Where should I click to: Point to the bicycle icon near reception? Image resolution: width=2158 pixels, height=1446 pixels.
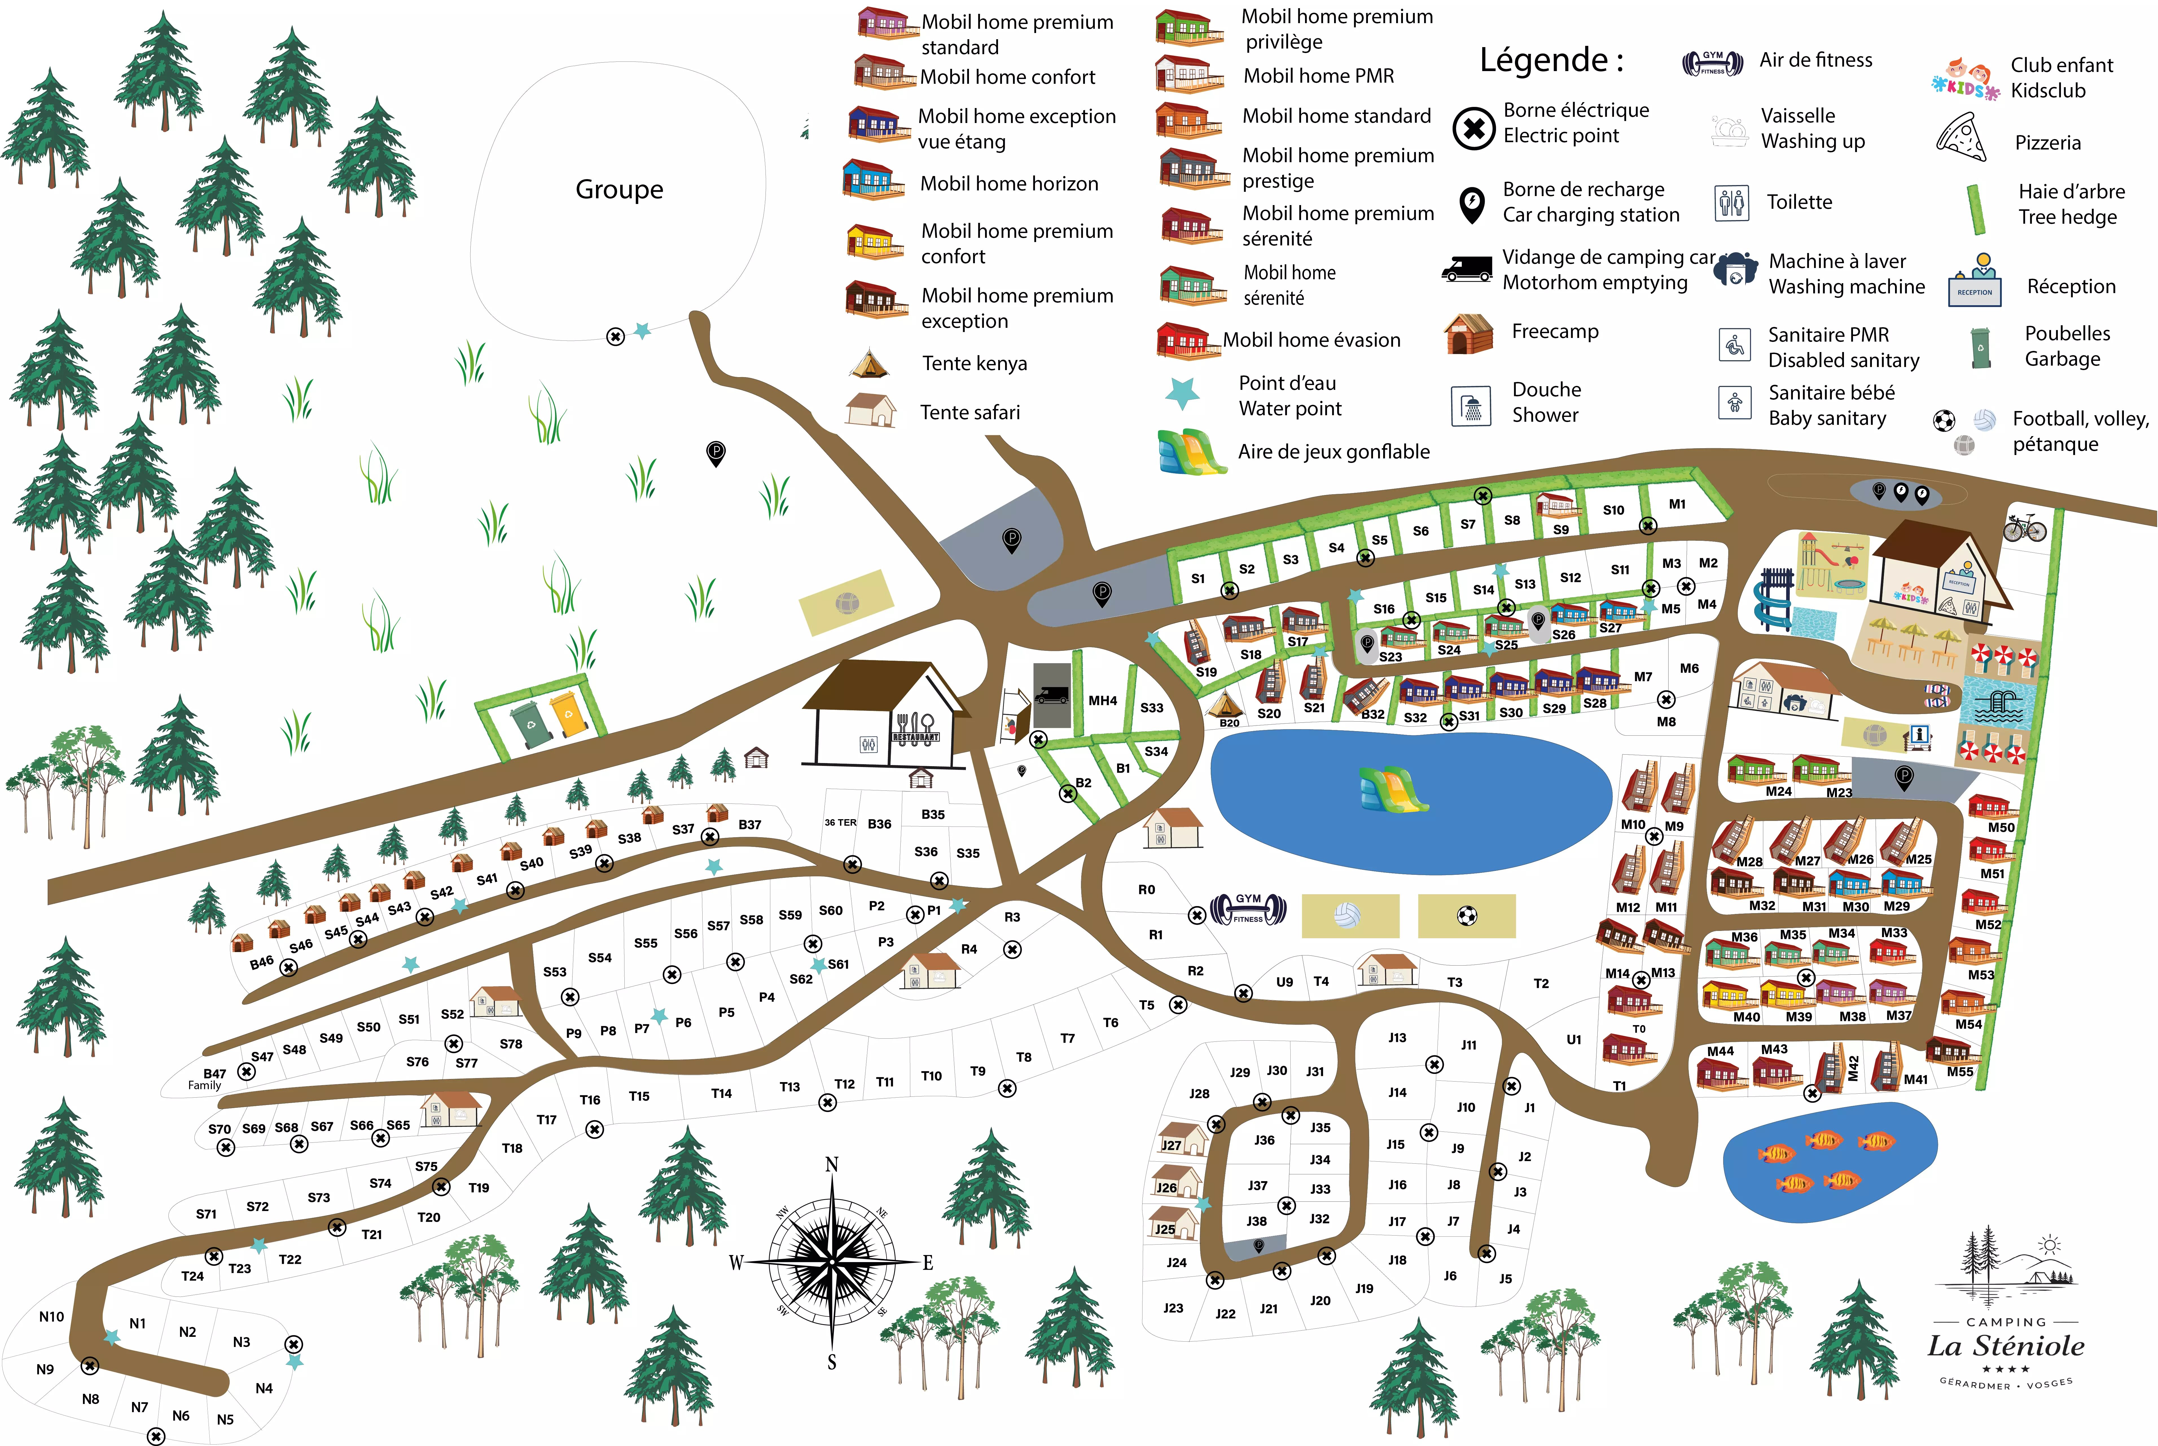point(2024,528)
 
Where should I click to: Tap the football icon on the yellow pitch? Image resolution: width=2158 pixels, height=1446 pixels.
point(1466,916)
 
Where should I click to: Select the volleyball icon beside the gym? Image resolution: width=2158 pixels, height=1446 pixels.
point(1347,916)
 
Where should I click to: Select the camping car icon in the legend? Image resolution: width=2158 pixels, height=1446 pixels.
point(1466,268)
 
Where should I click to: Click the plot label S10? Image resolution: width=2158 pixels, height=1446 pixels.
point(1613,510)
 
